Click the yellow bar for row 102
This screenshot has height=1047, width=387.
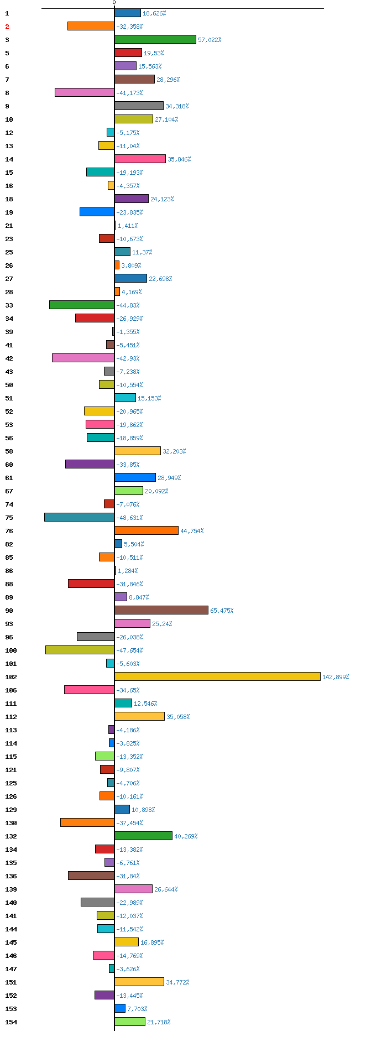click(217, 676)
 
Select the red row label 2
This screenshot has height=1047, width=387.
click(7, 27)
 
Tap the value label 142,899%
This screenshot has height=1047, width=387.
click(336, 677)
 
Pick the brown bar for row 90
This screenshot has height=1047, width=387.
click(161, 610)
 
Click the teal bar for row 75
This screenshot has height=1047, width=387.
click(79, 517)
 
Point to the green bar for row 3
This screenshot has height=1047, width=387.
click(155, 39)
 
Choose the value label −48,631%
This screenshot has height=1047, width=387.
click(129, 518)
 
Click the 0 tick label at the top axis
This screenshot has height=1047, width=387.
click(114, 3)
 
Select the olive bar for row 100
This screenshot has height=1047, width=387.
click(80, 650)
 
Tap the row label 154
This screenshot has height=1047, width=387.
click(11, 1022)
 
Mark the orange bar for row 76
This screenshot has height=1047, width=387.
click(147, 530)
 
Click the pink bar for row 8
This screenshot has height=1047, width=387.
click(85, 92)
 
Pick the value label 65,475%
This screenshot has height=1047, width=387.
click(222, 611)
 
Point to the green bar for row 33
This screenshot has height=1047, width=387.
click(82, 305)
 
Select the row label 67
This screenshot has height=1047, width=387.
click(9, 491)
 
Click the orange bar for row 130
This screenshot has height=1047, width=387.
click(87, 822)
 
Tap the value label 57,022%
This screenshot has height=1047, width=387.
click(210, 40)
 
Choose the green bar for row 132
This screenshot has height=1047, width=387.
click(143, 836)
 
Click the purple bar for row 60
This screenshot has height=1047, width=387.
click(90, 464)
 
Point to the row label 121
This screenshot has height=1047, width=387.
click(11, 770)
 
